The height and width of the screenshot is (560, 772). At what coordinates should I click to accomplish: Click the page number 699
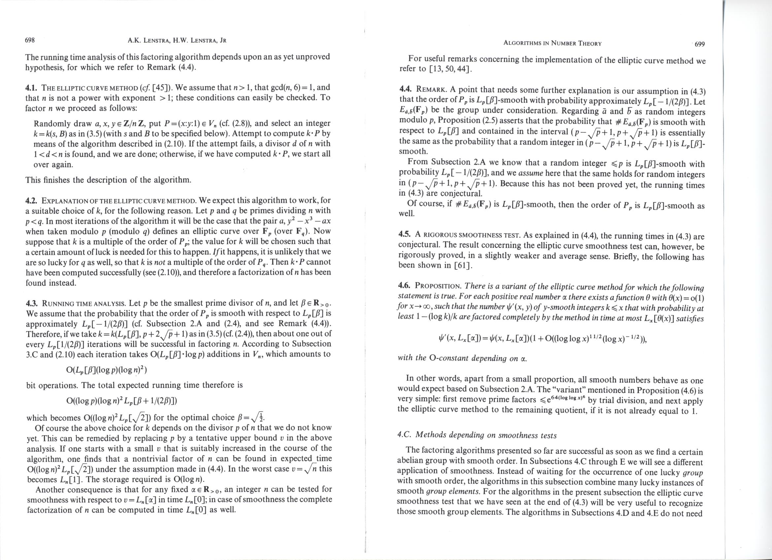pyautogui.click(x=699, y=44)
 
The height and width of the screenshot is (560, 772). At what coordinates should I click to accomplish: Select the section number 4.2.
pyautogui.click(x=32, y=200)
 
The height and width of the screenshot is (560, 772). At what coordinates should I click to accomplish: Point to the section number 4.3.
pyautogui.click(x=32, y=303)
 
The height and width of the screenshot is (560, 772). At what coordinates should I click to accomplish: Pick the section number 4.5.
pyautogui.click(x=404, y=235)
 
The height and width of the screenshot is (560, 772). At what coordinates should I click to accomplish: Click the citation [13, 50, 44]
pyautogui.click(x=451, y=69)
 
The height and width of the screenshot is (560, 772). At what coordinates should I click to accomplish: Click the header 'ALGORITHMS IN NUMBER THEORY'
pyautogui.click(x=552, y=44)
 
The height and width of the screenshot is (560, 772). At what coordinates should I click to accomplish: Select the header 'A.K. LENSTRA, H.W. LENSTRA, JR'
pyautogui.click(x=177, y=41)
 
